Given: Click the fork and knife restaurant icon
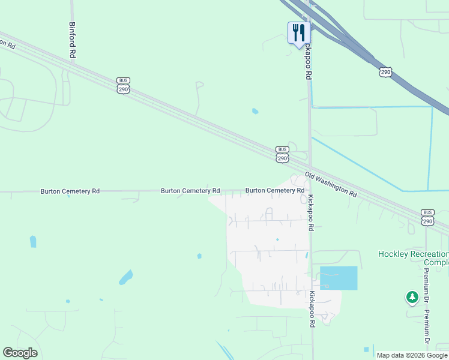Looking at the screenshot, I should (299, 32).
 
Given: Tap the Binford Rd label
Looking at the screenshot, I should (72, 41).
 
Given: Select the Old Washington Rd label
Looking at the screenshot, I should (330, 185).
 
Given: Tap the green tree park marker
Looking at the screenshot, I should (412, 296).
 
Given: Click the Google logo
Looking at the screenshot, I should (20, 353).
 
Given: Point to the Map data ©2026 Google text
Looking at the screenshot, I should (412, 355).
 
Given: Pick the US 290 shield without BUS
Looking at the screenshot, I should (385, 71).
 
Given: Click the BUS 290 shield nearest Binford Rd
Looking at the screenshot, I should (124, 85).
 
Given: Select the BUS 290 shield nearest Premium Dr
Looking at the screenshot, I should (427, 217).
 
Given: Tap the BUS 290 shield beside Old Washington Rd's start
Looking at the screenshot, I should (282, 154).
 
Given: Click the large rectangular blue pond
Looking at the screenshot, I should (339, 278).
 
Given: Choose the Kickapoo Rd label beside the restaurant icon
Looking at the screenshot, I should (309, 60).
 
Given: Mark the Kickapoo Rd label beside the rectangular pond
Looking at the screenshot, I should (312, 309).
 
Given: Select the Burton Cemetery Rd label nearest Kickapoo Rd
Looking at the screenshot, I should (274, 191).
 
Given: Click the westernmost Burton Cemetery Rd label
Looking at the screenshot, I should (70, 191).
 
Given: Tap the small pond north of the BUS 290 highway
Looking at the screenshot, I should (255, 111).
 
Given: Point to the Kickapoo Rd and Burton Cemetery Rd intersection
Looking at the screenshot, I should (310, 191).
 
